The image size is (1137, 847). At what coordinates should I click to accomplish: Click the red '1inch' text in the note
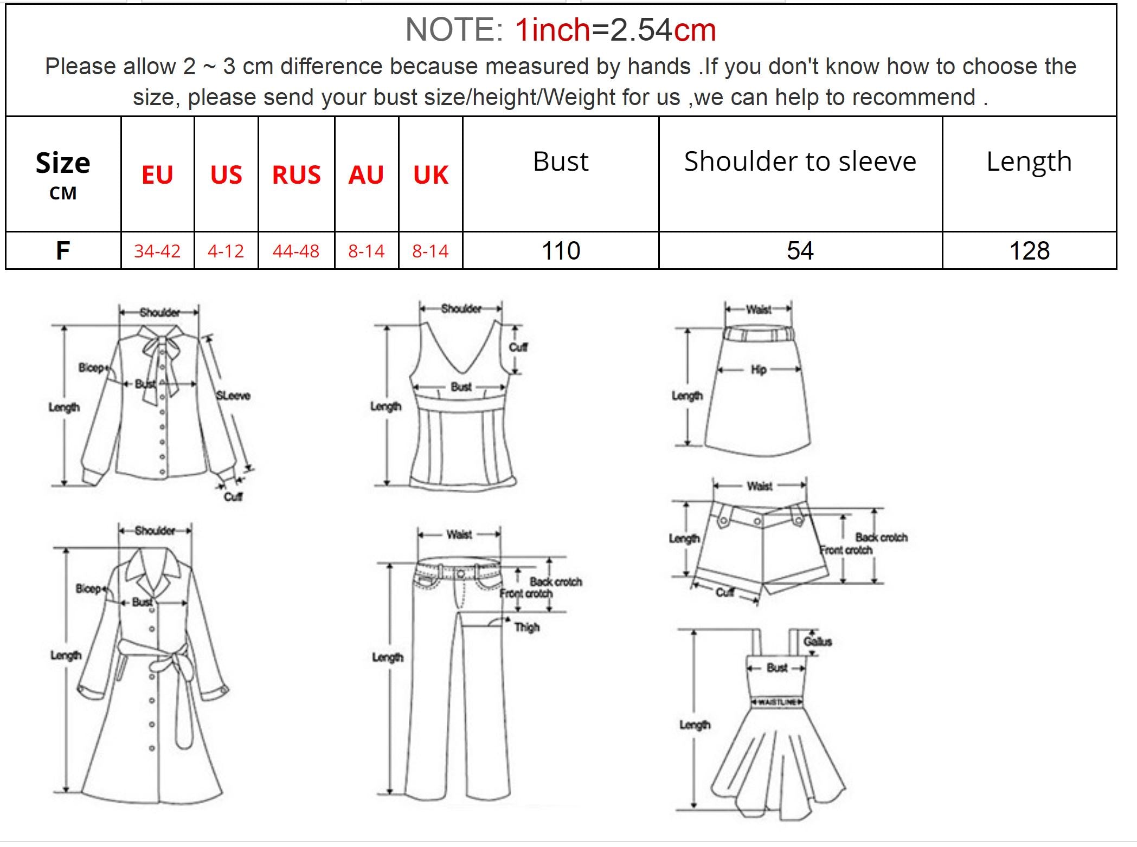coord(552,30)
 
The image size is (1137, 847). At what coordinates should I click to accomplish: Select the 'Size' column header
coord(63,163)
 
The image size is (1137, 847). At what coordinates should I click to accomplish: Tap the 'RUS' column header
coord(296,175)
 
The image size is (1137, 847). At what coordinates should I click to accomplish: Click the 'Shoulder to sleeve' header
coord(800,161)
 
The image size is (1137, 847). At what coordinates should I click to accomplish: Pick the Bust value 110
coord(561,251)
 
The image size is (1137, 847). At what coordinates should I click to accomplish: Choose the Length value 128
coord(1029,251)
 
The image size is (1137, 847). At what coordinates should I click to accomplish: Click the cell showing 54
coord(800,251)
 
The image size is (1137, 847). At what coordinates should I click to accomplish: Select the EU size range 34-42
coord(157,251)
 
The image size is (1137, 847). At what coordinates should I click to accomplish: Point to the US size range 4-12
coord(226,251)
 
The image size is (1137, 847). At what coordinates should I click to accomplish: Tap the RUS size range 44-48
coord(296,251)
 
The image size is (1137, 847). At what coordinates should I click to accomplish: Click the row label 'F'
coord(63,251)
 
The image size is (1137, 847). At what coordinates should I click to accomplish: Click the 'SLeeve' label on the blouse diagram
coord(233,396)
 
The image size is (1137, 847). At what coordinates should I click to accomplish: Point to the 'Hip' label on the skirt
coord(759,370)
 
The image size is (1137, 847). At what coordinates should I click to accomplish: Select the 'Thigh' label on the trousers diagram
coord(527,628)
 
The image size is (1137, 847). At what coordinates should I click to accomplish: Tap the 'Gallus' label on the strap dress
coord(818,642)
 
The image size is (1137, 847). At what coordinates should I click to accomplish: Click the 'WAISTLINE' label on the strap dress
coord(777,702)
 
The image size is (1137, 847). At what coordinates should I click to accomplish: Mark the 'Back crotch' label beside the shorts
coord(882,538)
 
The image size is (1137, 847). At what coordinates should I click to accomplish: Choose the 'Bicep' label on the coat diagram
coord(88,589)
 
